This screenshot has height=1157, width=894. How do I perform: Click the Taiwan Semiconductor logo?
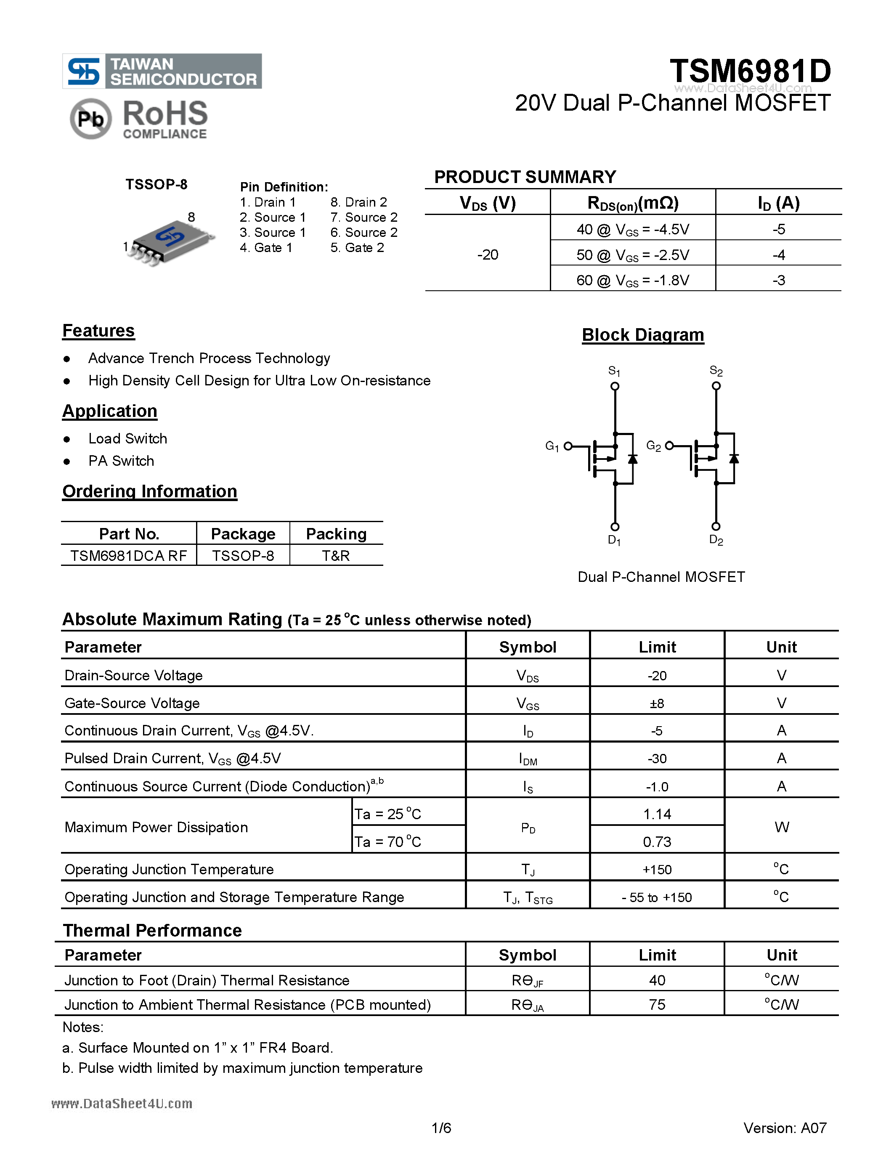click(x=162, y=71)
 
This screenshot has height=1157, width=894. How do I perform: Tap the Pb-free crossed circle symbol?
click(x=90, y=119)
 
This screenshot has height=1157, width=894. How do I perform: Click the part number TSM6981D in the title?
click(x=750, y=71)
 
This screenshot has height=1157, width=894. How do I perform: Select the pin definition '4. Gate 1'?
click(x=266, y=248)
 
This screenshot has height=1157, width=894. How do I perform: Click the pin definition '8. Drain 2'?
click(x=358, y=202)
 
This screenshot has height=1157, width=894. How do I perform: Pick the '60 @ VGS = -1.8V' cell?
click(x=632, y=280)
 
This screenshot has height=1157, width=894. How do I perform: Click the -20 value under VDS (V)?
click(x=487, y=255)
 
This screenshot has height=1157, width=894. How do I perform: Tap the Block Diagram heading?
click(x=642, y=335)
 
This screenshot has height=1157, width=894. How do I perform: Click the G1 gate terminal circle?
click(x=568, y=446)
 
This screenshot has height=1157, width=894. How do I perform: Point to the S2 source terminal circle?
click(x=716, y=386)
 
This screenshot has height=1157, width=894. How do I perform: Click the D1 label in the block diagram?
click(x=614, y=540)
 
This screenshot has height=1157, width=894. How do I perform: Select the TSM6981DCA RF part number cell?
click(x=129, y=556)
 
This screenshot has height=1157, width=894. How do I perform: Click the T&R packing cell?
click(x=336, y=556)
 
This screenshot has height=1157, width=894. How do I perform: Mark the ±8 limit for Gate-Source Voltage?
click(x=657, y=703)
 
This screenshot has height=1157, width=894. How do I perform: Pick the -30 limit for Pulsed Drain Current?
click(x=657, y=759)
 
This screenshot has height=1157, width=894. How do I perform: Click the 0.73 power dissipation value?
click(x=657, y=842)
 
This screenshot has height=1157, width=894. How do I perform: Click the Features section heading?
click(x=98, y=331)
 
